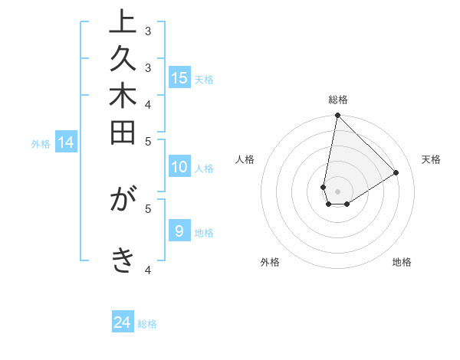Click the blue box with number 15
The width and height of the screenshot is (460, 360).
[179, 77]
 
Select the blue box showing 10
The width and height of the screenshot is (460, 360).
[179, 167]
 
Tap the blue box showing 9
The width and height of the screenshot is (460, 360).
[179, 231]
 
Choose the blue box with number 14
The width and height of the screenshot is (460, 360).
[66, 142]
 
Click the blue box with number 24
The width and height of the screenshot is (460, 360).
[123, 322]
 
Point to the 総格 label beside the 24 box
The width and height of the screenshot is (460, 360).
[147, 324]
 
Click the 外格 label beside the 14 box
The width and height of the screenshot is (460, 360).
[41, 143]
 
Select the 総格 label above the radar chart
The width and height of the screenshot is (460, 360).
[338, 100]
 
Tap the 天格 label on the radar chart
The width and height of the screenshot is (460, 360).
[432, 159]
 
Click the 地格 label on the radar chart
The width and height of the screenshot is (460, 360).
[402, 262]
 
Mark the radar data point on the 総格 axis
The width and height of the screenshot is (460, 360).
[337, 116]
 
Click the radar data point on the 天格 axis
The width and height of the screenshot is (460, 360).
[396, 172]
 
